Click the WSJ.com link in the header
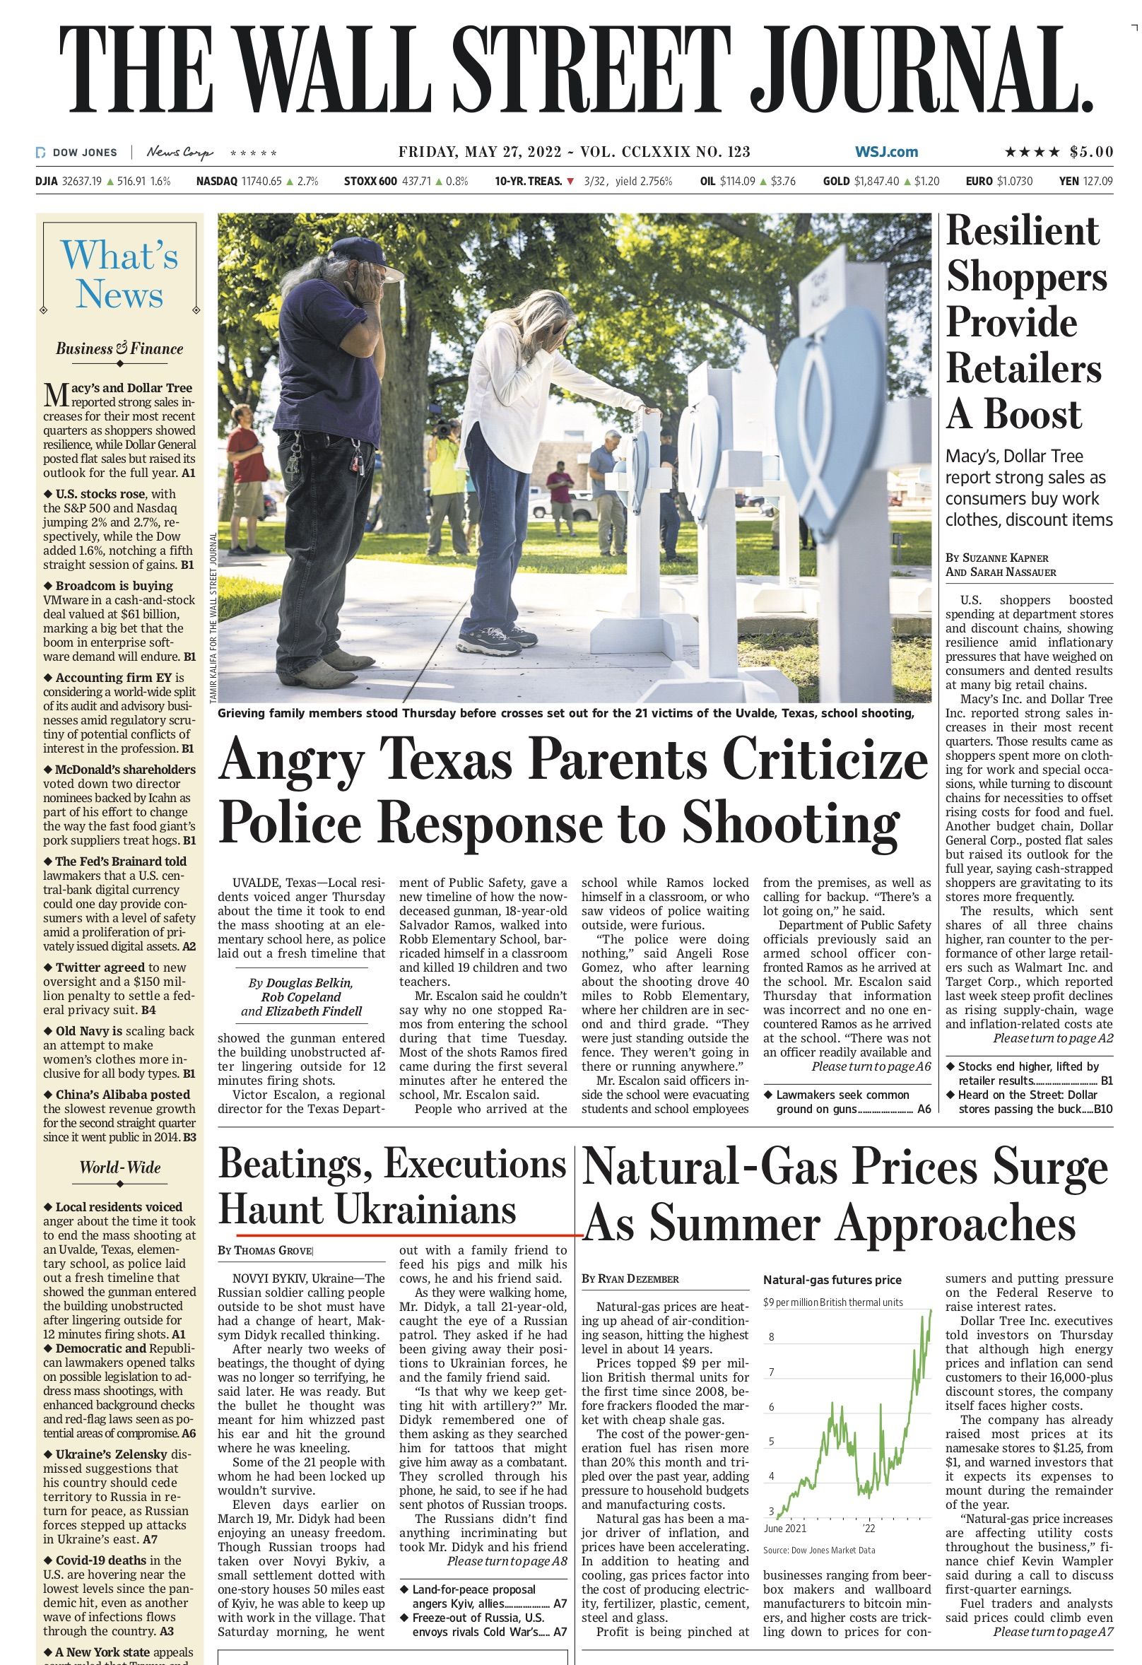point(886,152)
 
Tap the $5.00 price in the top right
point(1091,152)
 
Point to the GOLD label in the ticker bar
point(836,181)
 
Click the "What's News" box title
point(119,276)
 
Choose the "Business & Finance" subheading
point(119,349)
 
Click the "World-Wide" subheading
point(119,1167)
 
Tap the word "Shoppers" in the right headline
point(1027,277)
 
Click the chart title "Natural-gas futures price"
point(832,1280)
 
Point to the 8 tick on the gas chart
point(772,1337)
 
